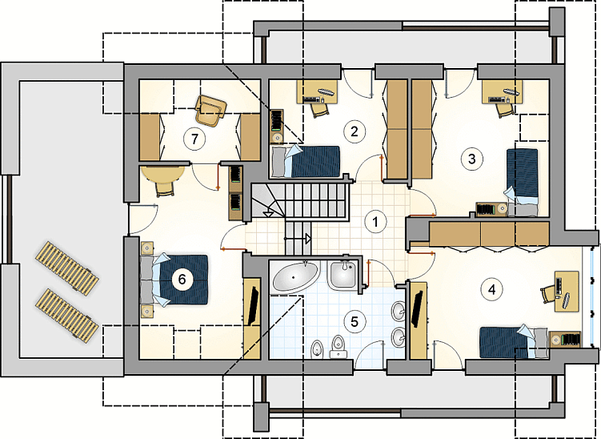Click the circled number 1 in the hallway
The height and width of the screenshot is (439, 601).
pyautogui.click(x=375, y=221)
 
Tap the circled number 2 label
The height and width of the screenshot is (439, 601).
pyautogui.click(x=354, y=131)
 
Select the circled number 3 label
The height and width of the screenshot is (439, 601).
pyautogui.click(x=472, y=159)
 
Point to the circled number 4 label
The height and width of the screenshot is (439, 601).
pyautogui.click(x=491, y=289)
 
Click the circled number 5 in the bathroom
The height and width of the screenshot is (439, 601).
pyautogui.click(x=355, y=321)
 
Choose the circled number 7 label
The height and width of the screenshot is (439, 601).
pyautogui.click(x=194, y=139)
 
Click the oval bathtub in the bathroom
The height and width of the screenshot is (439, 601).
pyautogui.click(x=295, y=276)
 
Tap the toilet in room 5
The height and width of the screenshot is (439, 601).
pyautogui.click(x=338, y=347)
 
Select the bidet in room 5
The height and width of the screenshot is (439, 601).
pyautogui.click(x=317, y=348)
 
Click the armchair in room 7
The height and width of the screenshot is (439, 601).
pyautogui.click(x=210, y=110)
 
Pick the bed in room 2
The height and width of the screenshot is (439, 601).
pyautogui.click(x=306, y=161)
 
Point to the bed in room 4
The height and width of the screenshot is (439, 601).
pyautogui.click(x=514, y=342)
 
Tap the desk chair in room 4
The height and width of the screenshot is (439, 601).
pyautogui.click(x=548, y=294)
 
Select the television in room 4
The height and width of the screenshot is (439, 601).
pyautogui.click(x=417, y=309)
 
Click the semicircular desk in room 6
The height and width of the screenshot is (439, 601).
pyautogui.click(x=162, y=173)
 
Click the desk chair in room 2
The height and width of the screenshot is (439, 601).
pyautogui.click(x=320, y=110)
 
